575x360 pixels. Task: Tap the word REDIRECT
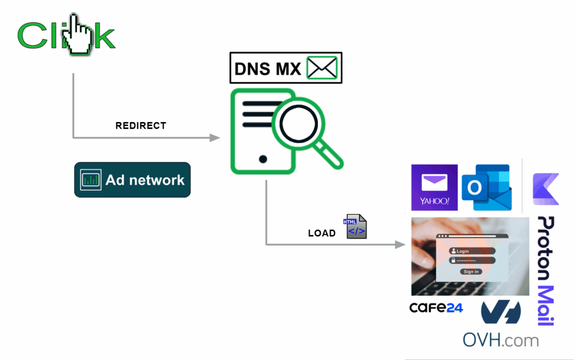click(x=141, y=126)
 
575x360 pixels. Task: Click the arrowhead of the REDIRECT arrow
click(x=215, y=138)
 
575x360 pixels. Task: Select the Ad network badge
click(x=132, y=180)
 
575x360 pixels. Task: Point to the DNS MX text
click(x=267, y=69)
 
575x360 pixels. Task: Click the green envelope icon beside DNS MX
click(x=322, y=68)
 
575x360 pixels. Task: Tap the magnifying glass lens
click(x=299, y=123)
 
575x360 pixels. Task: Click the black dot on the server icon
click(x=263, y=159)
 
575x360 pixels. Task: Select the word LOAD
click(x=321, y=233)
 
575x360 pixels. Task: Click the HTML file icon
click(x=355, y=227)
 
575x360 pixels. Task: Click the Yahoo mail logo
click(x=434, y=187)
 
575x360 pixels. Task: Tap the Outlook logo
click(x=486, y=187)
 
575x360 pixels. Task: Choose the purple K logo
click(x=546, y=189)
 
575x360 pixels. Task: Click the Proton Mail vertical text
click(x=546, y=270)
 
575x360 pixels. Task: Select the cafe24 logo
click(x=436, y=308)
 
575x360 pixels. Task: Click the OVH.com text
click(x=500, y=340)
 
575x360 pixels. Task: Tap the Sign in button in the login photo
click(x=471, y=271)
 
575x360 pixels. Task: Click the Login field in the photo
click(x=471, y=251)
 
